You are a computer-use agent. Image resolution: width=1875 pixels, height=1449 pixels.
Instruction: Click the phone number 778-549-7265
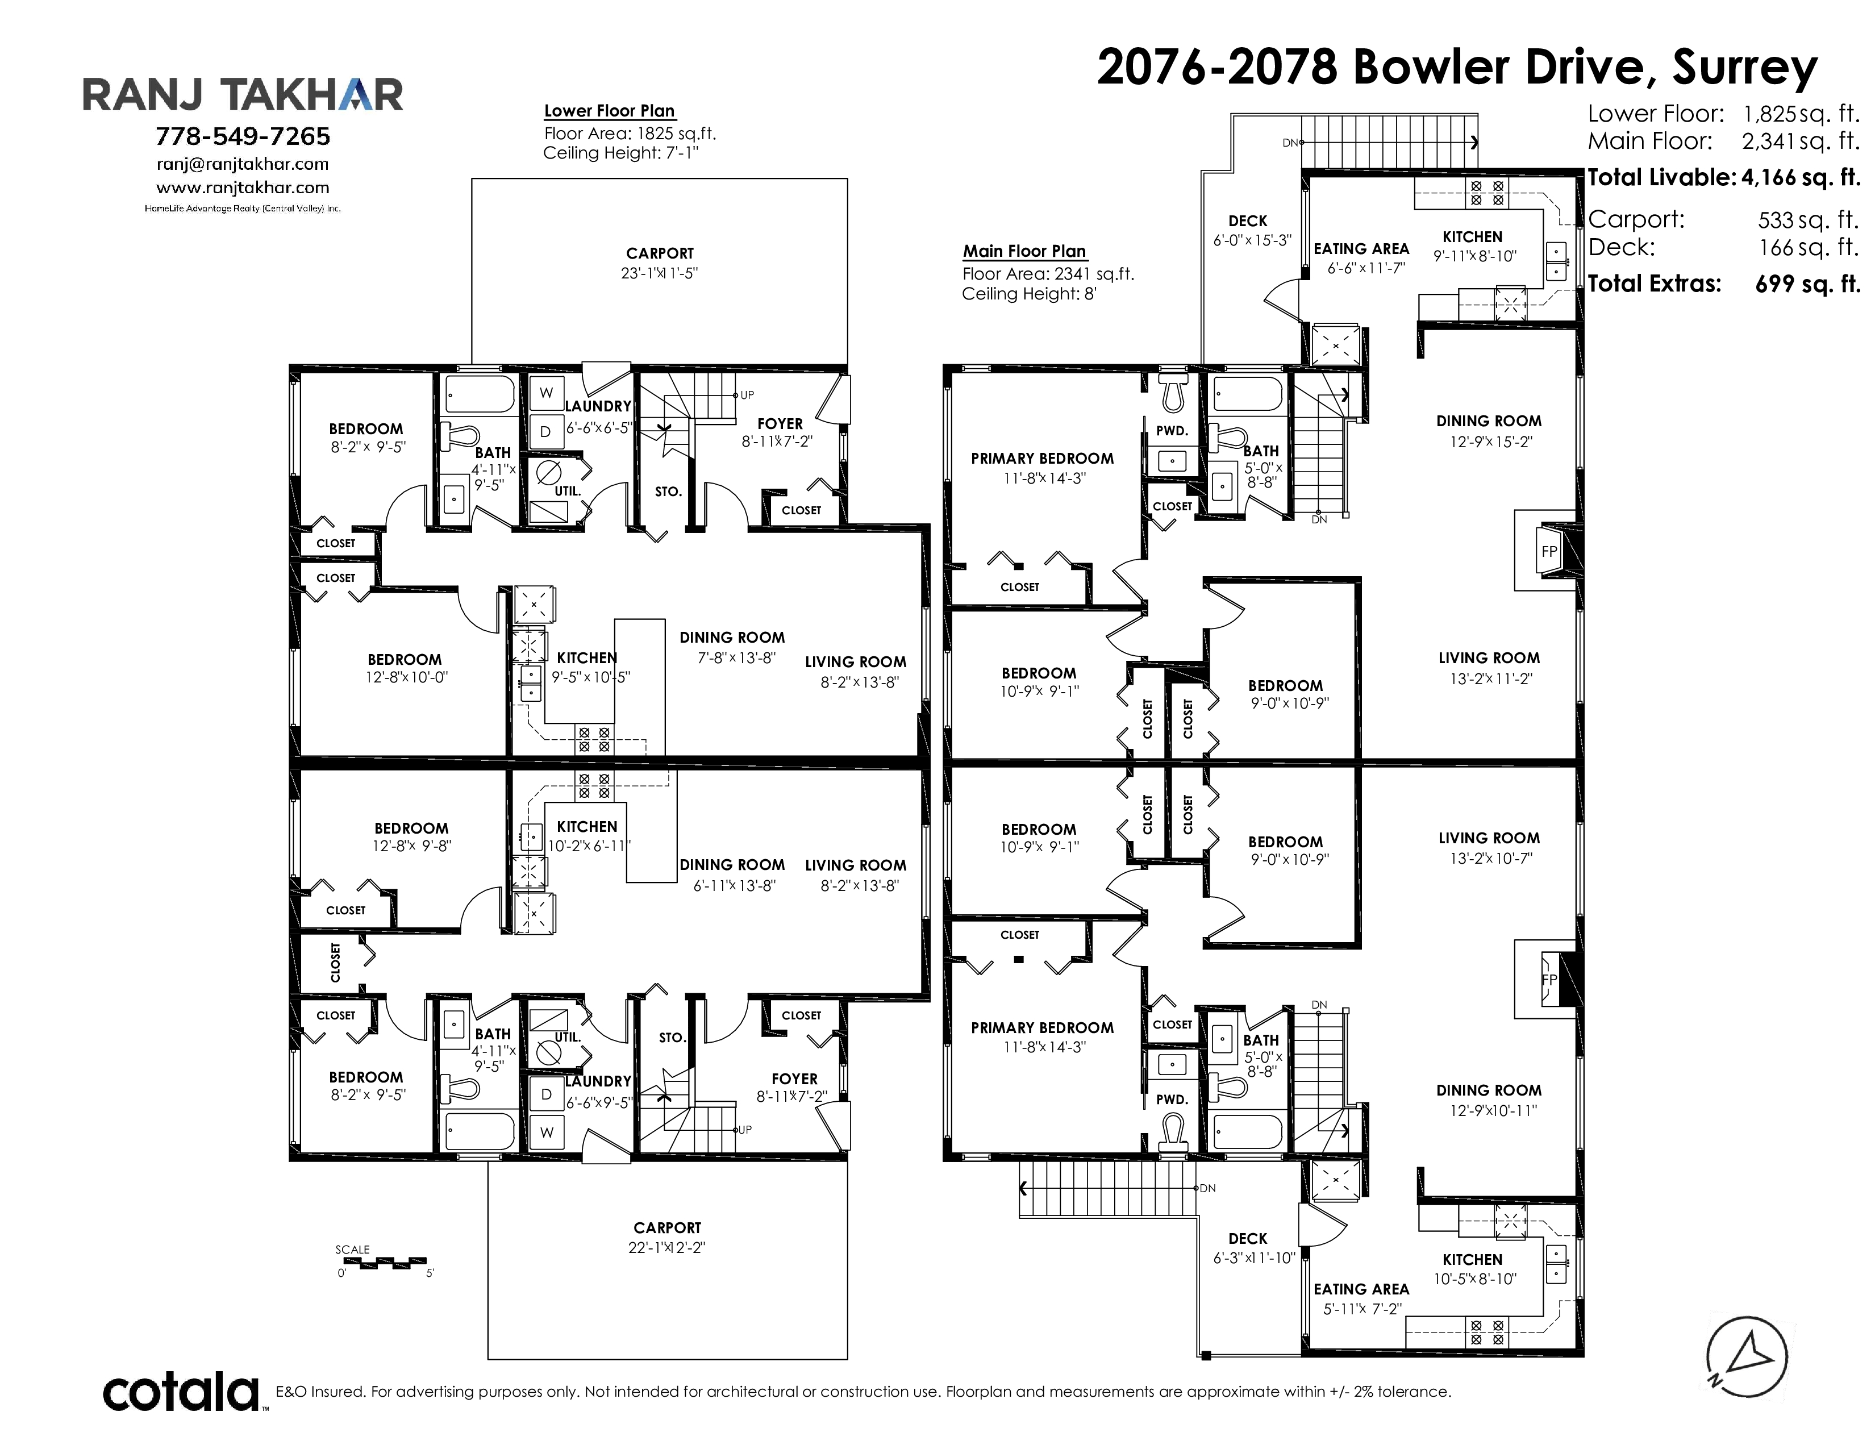click(x=243, y=136)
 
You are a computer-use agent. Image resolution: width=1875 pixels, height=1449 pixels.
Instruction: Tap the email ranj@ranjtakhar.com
click(x=243, y=164)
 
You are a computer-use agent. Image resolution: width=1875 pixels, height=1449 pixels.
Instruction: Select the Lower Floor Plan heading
click(x=610, y=111)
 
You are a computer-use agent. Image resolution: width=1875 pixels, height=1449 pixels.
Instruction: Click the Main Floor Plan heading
click(x=1024, y=252)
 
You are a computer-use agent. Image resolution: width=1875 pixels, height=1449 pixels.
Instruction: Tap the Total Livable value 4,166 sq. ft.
click(x=1801, y=178)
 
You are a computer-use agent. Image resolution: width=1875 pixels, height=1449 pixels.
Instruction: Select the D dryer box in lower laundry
click(x=546, y=1094)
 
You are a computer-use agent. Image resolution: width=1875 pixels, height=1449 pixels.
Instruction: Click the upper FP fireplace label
click(x=1549, y=552)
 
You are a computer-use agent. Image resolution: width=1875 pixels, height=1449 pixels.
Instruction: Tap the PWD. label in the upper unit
click(x=1172, y=431)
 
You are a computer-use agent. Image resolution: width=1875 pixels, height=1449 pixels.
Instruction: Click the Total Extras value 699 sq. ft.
click(x=1808, y=284)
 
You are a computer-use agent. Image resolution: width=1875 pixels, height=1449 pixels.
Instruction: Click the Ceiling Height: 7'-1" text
click(x=620, y=153)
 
